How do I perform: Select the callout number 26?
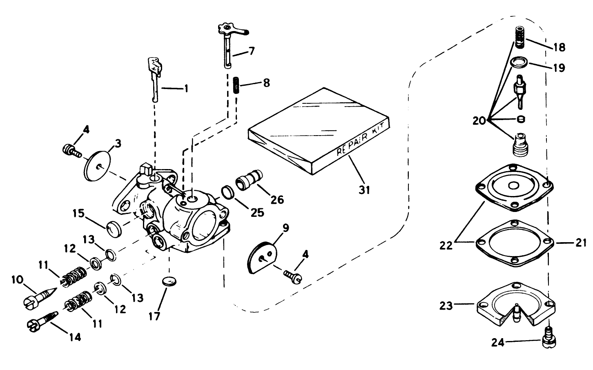[x=277, y=199]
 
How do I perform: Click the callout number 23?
[x=447, y=305]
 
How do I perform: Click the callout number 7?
[x=251, y=51]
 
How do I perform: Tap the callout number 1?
[x=186, y=88]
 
